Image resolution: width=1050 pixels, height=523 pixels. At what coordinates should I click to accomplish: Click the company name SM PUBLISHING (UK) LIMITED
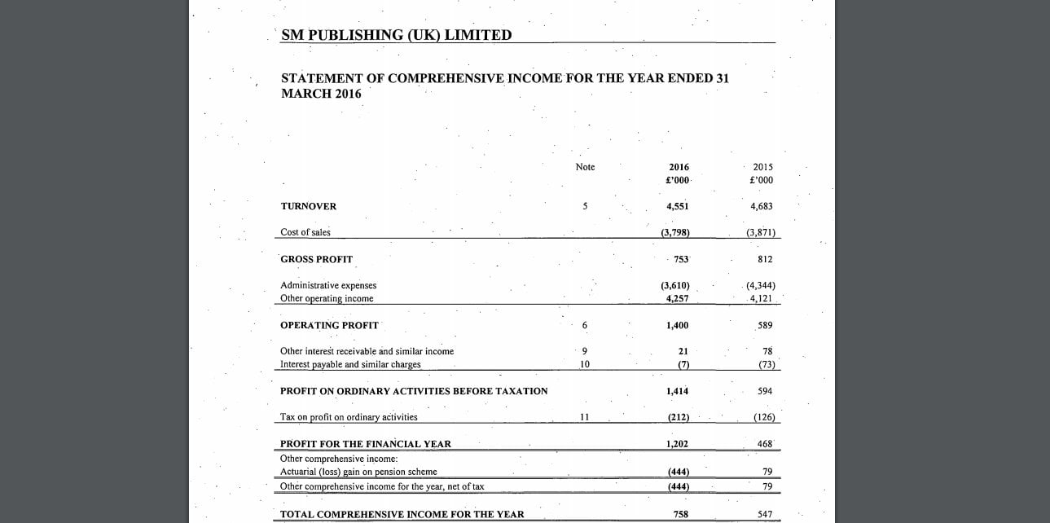[x=396, y=35]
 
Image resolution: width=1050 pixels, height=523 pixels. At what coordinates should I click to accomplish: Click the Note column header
[x=585, y=167]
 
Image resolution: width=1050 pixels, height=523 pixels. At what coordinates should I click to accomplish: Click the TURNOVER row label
[x=308, y=206]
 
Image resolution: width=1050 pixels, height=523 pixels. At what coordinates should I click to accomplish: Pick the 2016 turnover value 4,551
[x=677, y=206]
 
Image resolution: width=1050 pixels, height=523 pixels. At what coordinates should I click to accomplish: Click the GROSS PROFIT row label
[x=316, y=259]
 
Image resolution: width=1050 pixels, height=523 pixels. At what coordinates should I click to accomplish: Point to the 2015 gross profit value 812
[x=764, y=259]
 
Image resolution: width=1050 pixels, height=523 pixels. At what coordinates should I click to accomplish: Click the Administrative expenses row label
[x=328, y=285]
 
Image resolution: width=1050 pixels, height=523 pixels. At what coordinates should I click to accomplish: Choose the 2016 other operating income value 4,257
[x=677, y=298]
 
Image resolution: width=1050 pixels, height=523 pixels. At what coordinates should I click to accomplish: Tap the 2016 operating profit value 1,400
[x=677, y=325]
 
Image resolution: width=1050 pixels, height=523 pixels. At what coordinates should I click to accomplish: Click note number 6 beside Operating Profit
[x=584, y=325]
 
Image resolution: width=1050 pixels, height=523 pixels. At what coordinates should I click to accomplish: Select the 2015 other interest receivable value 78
[x=767, y=351]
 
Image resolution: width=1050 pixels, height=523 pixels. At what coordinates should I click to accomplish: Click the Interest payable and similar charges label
[x=350, y=364]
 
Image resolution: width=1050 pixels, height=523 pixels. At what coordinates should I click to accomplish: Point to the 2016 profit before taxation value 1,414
[x=677, y=391]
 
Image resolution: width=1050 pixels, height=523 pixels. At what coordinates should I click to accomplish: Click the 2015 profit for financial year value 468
[x=764, y=444]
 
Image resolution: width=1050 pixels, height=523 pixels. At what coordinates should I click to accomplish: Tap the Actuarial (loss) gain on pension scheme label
[x=358, y=472]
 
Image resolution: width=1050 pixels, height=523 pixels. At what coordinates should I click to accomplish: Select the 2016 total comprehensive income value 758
[x=681, y=514]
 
